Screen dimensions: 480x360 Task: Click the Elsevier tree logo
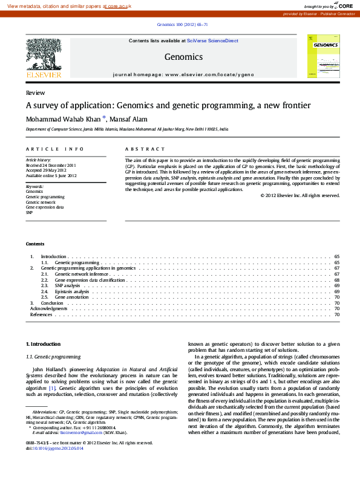click(x=43, y=57)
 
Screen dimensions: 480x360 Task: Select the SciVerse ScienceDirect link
click(x=212, y=41)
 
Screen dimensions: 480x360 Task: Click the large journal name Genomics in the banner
click(x=183, y=57)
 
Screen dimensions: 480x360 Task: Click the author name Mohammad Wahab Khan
click(x=63, y=119)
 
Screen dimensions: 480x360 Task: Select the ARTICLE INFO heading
click(x=55, y=149)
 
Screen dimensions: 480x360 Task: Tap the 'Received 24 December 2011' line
click(x=51, y=165)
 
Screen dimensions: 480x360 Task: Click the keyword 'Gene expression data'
click(x=45, y=207)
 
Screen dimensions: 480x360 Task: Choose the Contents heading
click(x=35, y=244)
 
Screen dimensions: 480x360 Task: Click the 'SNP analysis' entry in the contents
click(x=67, y=286)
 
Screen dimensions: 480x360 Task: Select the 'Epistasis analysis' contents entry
click(x=72, y=291)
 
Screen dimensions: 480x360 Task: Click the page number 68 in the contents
click(x=336, y=280)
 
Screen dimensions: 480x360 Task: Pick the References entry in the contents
click(x=41, y=314)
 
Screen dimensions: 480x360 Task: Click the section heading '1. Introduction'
click(x=44, y=344)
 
